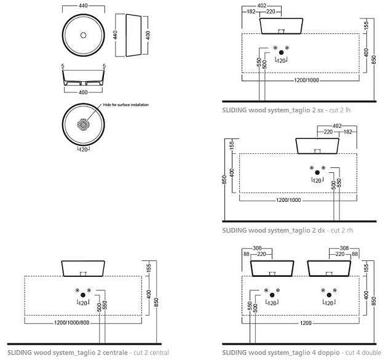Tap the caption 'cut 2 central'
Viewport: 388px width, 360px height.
[149, 352]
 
